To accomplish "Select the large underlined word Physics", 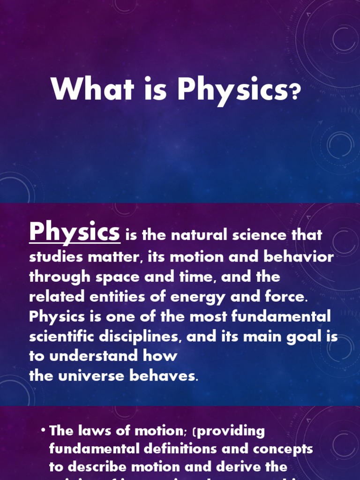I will (75, 232).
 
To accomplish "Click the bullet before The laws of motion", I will (43, 430).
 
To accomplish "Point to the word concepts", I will (283, 449).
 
